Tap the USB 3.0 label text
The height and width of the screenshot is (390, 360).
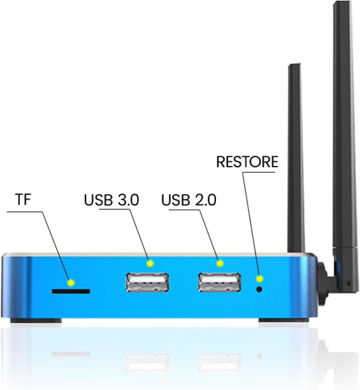click(x=111, y=200)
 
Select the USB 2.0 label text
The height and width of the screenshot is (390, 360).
click(x=189, y=200)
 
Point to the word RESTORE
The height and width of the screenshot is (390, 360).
click(x=247, y=162)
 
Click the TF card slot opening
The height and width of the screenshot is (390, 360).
click(x=71, y=291)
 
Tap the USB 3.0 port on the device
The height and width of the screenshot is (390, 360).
click(x=147, y=282)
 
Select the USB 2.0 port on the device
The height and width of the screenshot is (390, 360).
click(x=219, y=282)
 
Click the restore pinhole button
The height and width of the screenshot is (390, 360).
click(x=259, y=289)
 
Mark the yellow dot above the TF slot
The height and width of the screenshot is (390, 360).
click(x=70, y=283)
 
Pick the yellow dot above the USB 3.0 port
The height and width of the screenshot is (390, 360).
click(x=150, y=263)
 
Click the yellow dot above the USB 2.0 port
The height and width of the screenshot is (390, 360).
click(x=219, y=263)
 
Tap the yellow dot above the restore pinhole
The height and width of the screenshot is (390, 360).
click(x=259, y=278)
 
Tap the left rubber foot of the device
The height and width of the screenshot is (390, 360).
click(x=36, y=321)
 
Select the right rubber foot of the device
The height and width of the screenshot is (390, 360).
click(x=284, y=321)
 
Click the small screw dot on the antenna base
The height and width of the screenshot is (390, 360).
click(x=348, y=283)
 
